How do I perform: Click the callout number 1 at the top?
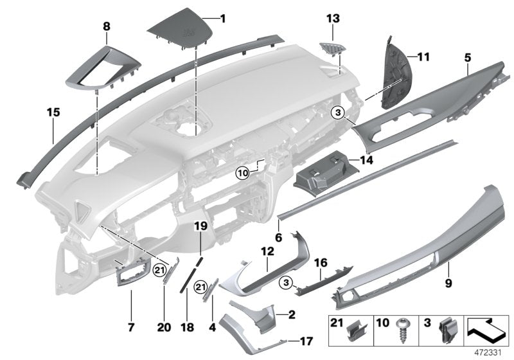tap(223, 18)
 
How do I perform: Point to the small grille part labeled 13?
tap(330, 48)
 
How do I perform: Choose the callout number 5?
tap(467, 58)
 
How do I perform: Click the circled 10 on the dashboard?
tap(242, 172)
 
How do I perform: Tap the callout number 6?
tap(279, 237)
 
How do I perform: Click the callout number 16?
tap(319, 264)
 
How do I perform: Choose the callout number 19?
tap(200, 226)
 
